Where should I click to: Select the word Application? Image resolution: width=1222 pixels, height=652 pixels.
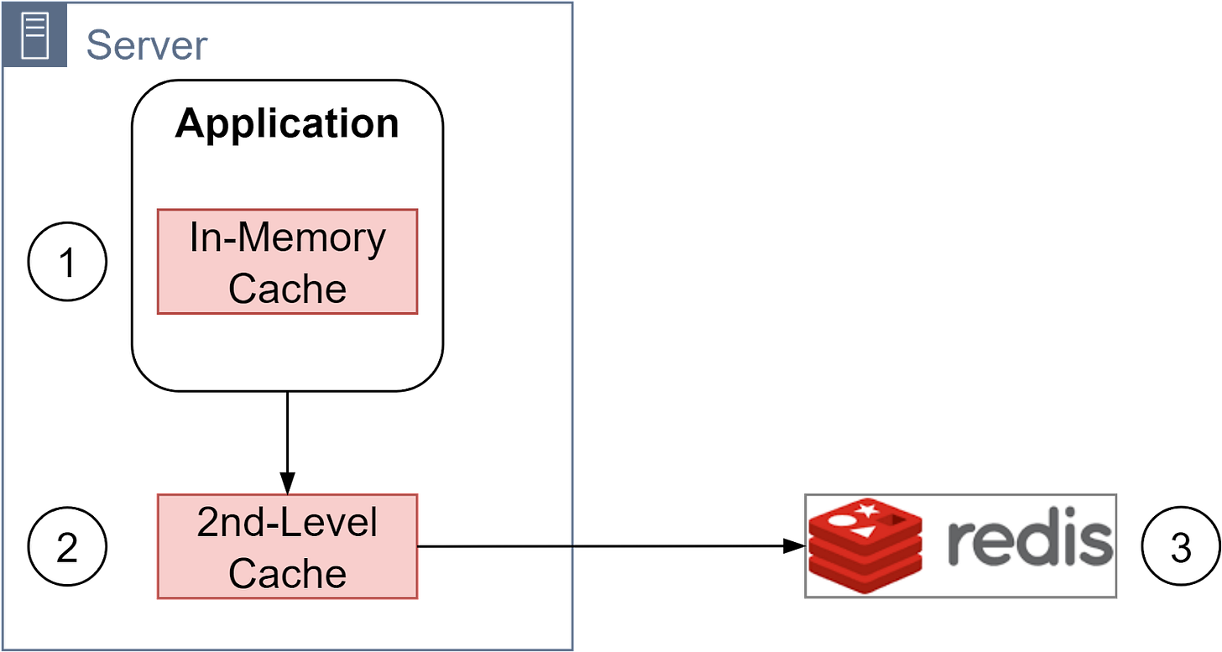tap(287, 124)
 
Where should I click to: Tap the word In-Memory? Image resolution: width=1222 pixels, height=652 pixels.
tap(287, 238)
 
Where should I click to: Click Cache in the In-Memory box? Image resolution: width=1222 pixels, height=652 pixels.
tap(287, 288)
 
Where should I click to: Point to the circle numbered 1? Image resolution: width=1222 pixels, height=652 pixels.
tap(67, 263)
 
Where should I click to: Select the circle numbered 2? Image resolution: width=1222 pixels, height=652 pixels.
tap(67, 547)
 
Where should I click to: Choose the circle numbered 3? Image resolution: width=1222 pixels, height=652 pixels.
tap(1181, 547)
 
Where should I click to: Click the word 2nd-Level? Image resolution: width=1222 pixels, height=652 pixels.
tap(287, 523)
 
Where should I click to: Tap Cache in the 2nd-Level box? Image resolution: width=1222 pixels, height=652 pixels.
tap(287, 573)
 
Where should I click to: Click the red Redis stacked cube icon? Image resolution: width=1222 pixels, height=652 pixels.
tap(864, 546)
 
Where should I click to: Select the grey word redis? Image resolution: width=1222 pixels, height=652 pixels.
tap(1029, 543)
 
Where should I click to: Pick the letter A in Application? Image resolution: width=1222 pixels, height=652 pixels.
tap(190, 124)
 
